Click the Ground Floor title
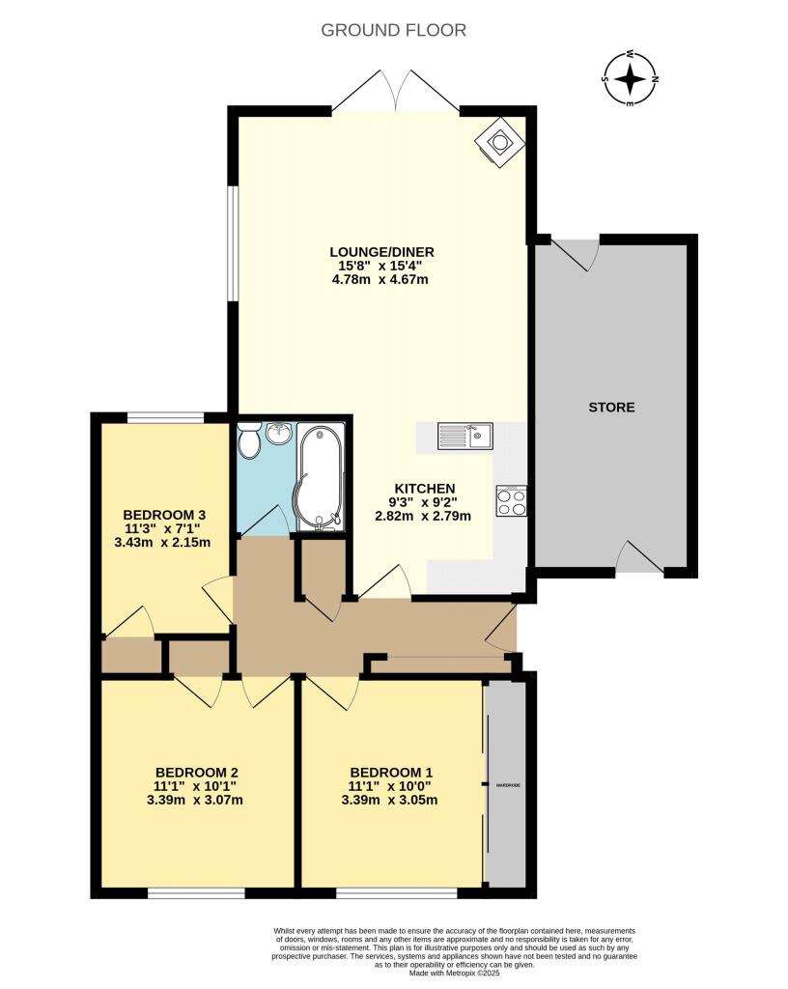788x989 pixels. click(x=394, y=30)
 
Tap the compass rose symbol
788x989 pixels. click(x=631, y=78)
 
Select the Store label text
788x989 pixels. click(x=612, y=407)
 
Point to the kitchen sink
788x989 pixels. click(x=464, y=437)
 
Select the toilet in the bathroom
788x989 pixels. click(x=249, y=443)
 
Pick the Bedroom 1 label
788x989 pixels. click(x=391, y=772)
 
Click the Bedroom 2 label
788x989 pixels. click(x=197, y=772)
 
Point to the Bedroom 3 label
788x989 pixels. click(x=163, y=514)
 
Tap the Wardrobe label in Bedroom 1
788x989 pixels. click(x=508, y=785)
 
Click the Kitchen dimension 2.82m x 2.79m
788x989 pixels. click(x=424, y=516)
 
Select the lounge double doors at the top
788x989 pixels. click(x=378, y=92)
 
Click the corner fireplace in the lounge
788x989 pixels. click(x=500, y=142)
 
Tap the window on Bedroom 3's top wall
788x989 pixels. click(x=165, y=417)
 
